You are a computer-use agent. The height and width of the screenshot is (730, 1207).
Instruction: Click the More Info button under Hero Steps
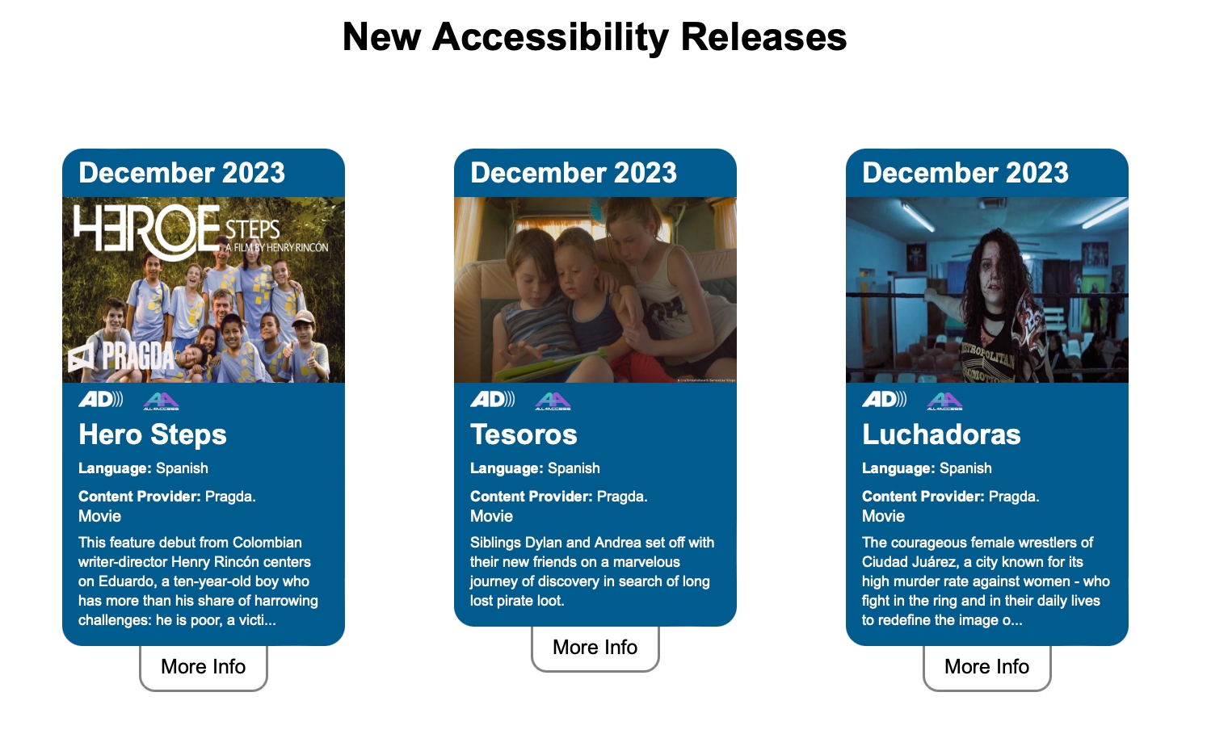pos(204,667)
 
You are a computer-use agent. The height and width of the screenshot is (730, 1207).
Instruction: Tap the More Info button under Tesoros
pos(595,648)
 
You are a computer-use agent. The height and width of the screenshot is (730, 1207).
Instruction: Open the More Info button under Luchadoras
pos(987,667)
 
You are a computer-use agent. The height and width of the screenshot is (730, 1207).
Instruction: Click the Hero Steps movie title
pos(153,434)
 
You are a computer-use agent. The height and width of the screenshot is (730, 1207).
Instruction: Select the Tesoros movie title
pos(524,434)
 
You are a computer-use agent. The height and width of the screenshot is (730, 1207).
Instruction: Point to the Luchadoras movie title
pos(941,434)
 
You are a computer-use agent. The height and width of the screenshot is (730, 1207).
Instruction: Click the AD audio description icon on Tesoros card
pos(493,399)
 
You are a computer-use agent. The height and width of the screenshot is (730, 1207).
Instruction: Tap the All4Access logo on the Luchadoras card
pos(944,401)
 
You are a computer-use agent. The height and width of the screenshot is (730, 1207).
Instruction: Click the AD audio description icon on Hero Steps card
pos(101,399)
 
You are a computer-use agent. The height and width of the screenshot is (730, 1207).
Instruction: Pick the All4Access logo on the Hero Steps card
pos(161,401)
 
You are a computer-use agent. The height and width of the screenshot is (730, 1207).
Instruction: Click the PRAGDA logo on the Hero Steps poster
pos(121,356)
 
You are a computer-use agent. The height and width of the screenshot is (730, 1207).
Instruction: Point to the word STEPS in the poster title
pos(252,229)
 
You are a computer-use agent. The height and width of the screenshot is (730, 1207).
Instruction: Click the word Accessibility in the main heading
pos(550,38)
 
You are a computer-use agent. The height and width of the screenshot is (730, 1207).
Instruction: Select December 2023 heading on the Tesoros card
pos(574,173)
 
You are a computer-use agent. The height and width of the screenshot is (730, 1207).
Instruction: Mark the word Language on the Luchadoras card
pos(893,468)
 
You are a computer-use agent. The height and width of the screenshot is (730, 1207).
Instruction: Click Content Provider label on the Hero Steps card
pos(140,496)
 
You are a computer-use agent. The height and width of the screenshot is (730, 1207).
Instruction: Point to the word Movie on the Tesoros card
pos(491,516)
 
